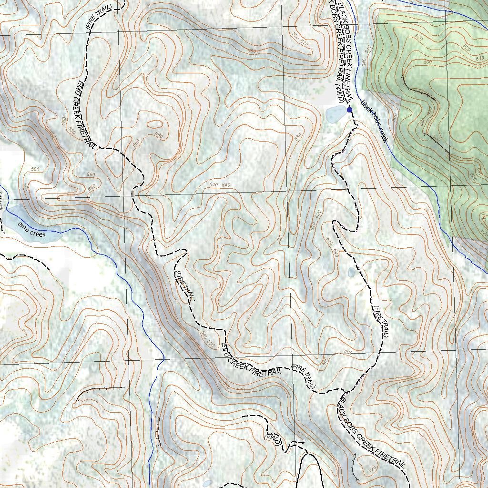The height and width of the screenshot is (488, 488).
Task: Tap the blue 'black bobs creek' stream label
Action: point(375,122)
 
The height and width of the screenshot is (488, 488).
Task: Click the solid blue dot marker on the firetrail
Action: point(349,110)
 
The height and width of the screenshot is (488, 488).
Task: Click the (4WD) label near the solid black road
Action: point(274,438)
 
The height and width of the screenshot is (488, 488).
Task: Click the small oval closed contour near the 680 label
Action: point(153,125)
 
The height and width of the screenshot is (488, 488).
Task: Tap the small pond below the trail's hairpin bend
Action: point(352,272)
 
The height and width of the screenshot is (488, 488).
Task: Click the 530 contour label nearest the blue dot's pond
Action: point(298,137)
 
